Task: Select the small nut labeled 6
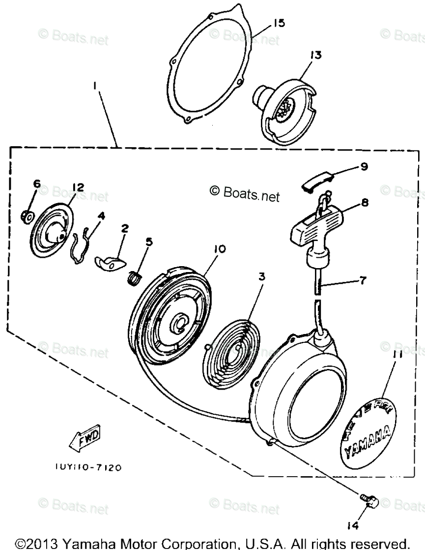(x=28, y=215)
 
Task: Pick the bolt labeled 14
(x=368, y=501)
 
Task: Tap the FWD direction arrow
(x=85, y=438)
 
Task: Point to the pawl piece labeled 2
(x=110, y=262)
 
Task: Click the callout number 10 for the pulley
(x=219, y=249)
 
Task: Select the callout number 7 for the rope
(x=362, y=281)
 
